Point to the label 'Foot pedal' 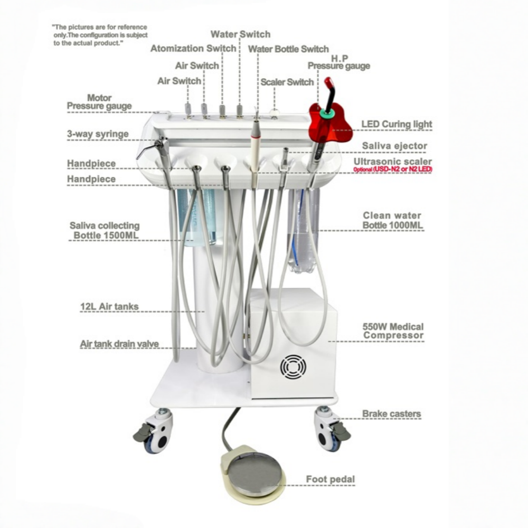(x=331, y=479)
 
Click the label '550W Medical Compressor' (x=393, y=331)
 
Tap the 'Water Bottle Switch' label (x=288, y=49)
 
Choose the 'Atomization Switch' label (x=193, y=49)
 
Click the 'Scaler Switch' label (x=287, y=82)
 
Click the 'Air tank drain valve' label (x=119, y=344)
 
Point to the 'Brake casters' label (x=391, y=414)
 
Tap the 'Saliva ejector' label (x=394, y=146)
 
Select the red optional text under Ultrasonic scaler (x=393, y=169)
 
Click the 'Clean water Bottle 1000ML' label (x=392, y=221)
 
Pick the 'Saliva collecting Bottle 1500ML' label (x=105, y=231)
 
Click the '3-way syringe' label (x=98, y=134)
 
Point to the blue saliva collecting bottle (x=197, y=216)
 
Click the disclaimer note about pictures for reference (x=99, y=35)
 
